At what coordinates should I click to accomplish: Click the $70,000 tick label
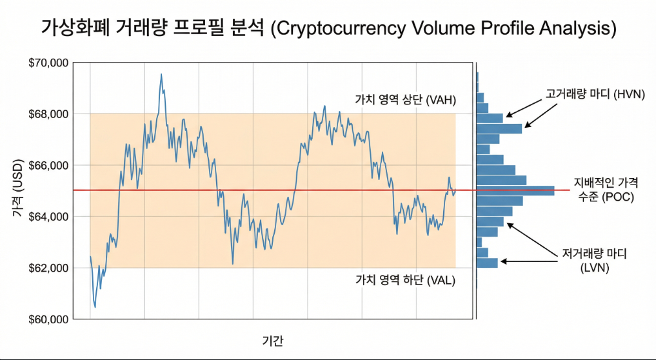point(49,63)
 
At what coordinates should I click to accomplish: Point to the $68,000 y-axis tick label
point(49,114)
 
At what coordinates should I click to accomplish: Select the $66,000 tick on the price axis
point(49,166)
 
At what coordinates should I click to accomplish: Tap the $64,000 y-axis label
point(49,217)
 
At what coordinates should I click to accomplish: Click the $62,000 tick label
point(49,268)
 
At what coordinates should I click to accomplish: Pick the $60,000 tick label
point(49,319)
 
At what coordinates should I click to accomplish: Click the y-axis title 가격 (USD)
point(19,191)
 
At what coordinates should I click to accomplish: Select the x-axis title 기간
point(272,340)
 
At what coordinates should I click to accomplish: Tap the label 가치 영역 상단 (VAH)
point(405,100)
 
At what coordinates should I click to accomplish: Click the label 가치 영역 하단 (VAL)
point(405,280)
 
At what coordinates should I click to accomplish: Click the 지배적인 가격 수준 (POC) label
point(603,190)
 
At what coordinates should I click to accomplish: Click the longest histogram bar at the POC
point(515,190)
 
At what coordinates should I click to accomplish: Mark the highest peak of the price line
point(161,74)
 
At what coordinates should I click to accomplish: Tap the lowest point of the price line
point(95,306)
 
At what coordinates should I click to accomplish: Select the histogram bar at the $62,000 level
point(487,262)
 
